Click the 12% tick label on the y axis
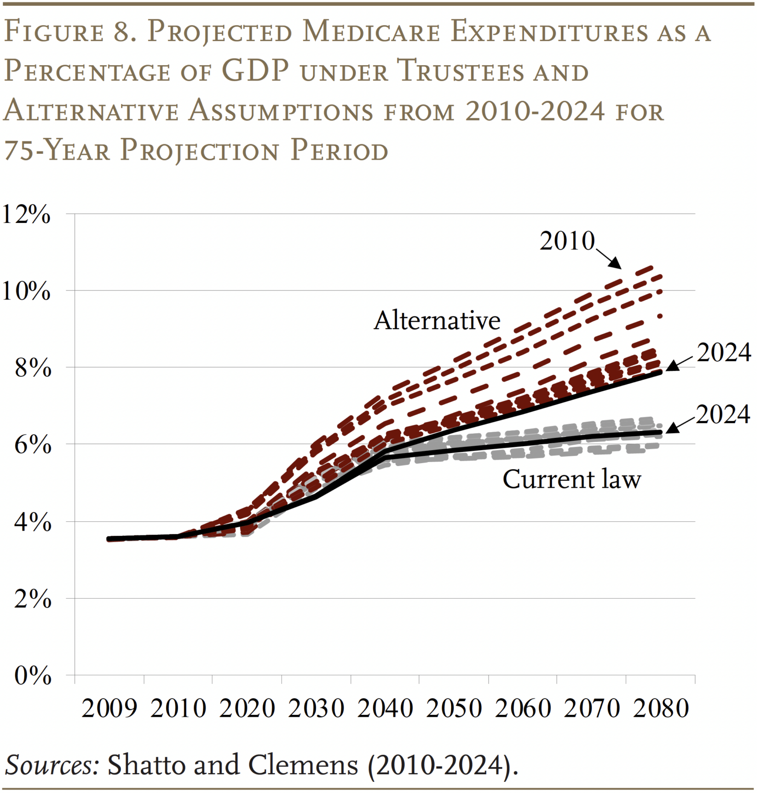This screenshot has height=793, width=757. tap(26, 214)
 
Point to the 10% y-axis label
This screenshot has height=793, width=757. tap(26, 291)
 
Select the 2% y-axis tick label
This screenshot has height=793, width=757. tap(32, 599)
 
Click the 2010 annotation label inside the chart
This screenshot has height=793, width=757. tap(567, 241)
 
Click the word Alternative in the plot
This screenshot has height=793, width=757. tap(437, 320)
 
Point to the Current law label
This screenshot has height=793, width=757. tap(572, 479)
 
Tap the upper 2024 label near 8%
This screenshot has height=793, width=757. tap(724, 353)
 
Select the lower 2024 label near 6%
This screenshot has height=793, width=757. tap(723, 414)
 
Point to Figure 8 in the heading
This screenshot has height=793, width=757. tap(70, 32)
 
